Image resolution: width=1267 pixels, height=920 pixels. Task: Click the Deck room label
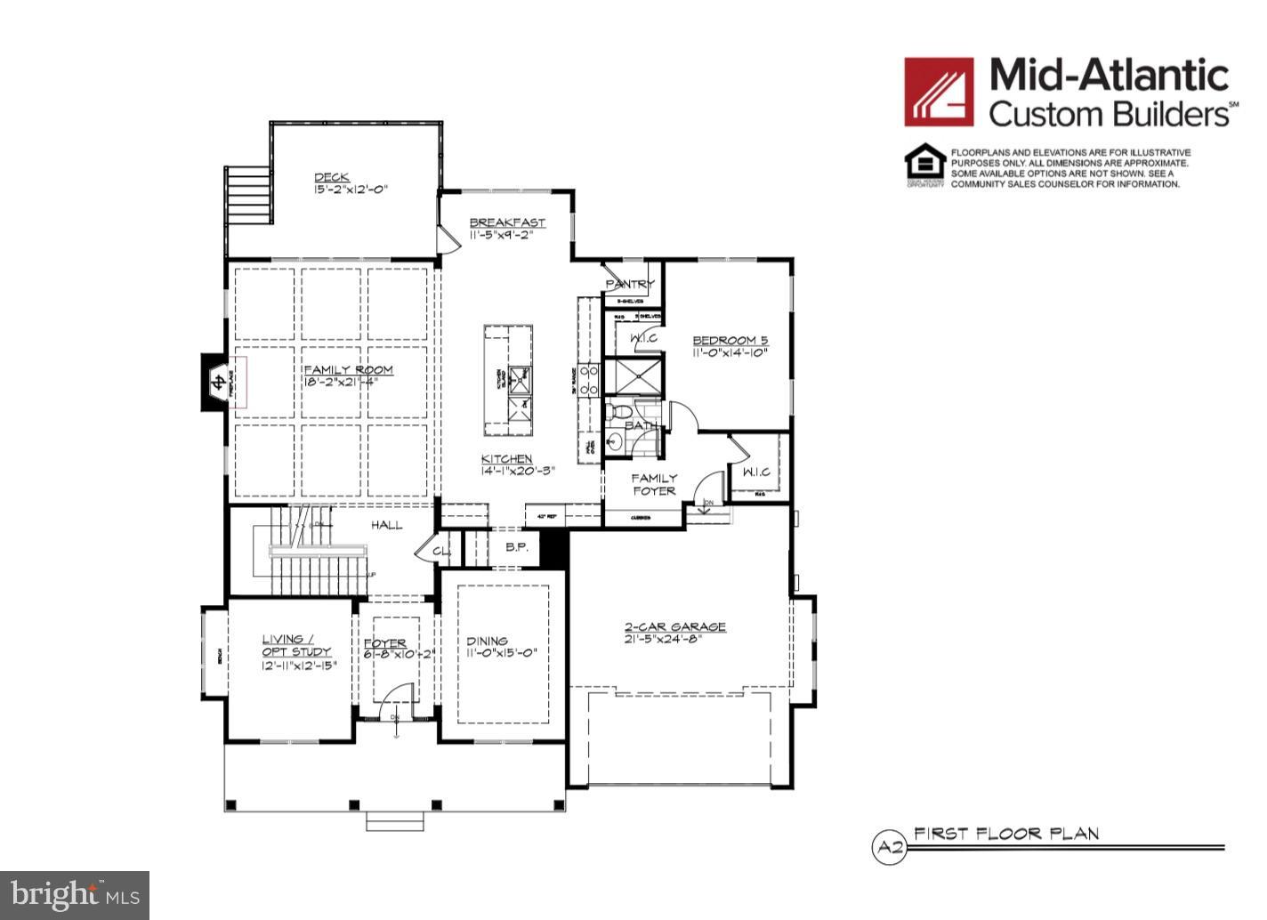(331, 177)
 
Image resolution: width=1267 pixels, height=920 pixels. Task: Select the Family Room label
(348, 370)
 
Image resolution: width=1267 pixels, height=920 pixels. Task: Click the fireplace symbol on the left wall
(216, 383)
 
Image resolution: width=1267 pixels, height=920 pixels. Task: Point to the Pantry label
(630, 284)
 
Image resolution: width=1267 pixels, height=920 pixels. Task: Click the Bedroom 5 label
(730, 340)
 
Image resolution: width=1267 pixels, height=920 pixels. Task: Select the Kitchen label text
(506, 458)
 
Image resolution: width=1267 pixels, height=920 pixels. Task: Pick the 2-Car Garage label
(674, 626)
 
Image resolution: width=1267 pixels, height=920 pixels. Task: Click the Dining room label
(488, 641)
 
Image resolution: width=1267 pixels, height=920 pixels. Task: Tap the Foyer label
(384, 642)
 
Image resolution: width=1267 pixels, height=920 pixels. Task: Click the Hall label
(387, 525)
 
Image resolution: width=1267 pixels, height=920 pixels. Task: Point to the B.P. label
(517, 547)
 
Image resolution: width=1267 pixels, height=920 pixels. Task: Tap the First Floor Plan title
(1006, 834)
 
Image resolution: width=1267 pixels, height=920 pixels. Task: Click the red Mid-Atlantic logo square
(939, 92)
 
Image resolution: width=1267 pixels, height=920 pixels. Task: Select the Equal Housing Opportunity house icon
(924, 164)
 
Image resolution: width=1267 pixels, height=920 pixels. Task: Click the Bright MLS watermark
(75, 893)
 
